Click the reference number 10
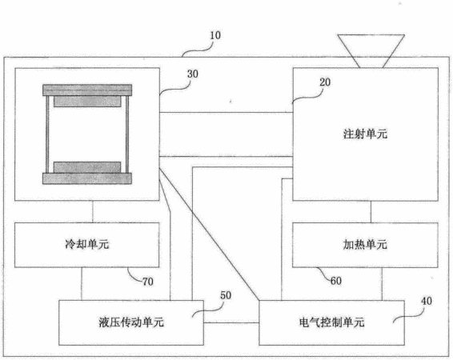click(x=215, y=35)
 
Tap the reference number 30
click(x=193, y=74)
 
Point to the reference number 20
click(x=325, y=82)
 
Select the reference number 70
click(x=147, y=282)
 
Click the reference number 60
click(x=335, y=281)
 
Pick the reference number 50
click(x=226, y=295)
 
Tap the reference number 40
click(x=427, y=301)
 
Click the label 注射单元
click(x=365, y=134)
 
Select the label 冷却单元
click(x=87, y=244)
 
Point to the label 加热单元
click(x=365, y=245)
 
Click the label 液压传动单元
click(x=131, y=322)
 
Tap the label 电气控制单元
click(x=331, y=322)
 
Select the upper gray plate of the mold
click(x=87, y=90)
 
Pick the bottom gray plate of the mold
click(x=87, y=178)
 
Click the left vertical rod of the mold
click(x=47, y=134)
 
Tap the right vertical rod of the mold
click(x=127, y=134)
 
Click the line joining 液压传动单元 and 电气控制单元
click(x=231, y=322)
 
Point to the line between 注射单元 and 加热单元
click(x=371, y=212)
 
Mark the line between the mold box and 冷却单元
click(x=93, y=212)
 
